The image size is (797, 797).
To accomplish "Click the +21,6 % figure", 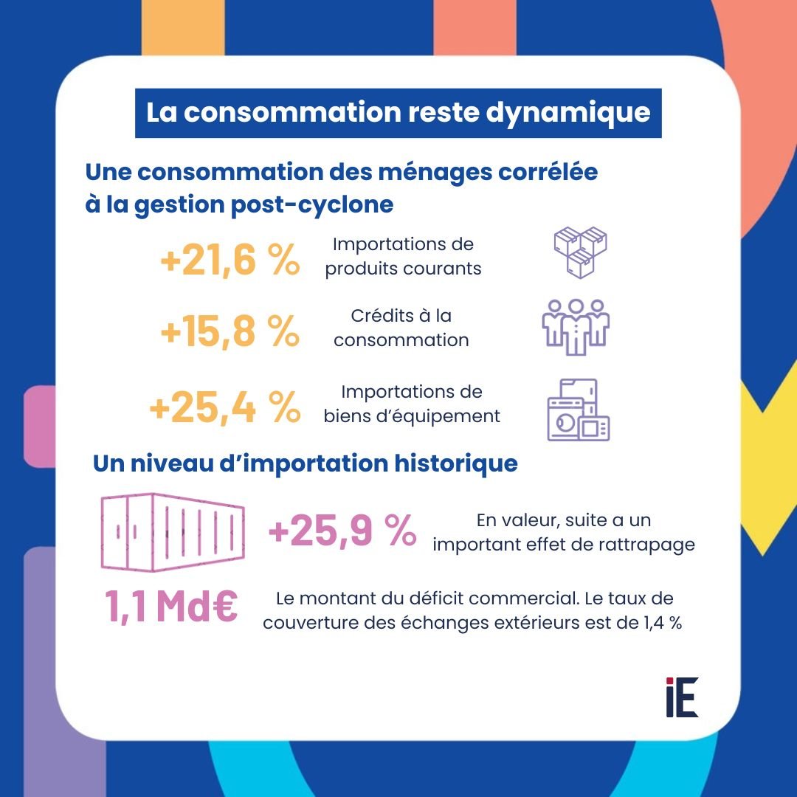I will [x=229, y=261].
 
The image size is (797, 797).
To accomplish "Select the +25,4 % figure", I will [x=224, y=408].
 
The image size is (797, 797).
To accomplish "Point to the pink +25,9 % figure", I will [x=342, y=532].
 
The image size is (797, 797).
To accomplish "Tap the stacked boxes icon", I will [x=580, y=252].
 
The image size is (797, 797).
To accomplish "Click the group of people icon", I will [x=576, y=327].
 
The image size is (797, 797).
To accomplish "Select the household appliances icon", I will [x=579, y=410].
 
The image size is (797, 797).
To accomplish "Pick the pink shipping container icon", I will [x=171, y=532].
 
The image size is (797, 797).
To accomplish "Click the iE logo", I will [x=681, y=697].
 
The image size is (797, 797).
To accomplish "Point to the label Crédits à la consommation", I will [x=401, y=328].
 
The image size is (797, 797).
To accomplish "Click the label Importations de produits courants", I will [x=403, y=256].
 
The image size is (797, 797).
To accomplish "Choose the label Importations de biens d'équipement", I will [x=412, y=404].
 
